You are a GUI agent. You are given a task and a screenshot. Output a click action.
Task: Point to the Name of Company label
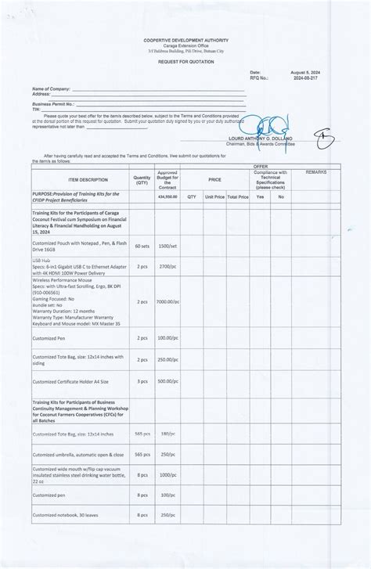pyautogui.click(x=51, y=89)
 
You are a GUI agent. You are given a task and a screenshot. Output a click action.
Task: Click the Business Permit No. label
pyautogui.click(x=53, y=103)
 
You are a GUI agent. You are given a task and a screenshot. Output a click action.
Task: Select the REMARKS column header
pyautogui.click(x=316, y=171)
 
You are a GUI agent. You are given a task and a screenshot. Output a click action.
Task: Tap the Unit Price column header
pyautogui.click(x=214, y=197)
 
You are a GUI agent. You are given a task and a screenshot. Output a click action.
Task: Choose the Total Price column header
pyautogui.click(x=238, y=197)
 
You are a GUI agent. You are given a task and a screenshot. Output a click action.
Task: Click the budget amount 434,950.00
pyautogui.click(x=167, y=197)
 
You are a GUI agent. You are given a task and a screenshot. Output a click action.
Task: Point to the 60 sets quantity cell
pyautogui.click(x=142, y=246)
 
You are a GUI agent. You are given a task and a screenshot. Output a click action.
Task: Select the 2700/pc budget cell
pyautogui.click(x=167, y=266)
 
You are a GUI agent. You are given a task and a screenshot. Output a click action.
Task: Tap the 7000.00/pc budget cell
pyautogui.click(x=167, y=301)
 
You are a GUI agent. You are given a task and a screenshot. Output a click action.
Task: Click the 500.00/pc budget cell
pyautogui.click(x=167, y=381)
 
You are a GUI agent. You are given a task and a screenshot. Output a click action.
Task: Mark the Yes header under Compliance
pyautogui.click(x=261, y=197)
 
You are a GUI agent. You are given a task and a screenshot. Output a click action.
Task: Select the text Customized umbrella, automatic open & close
pyautogui.click(x=77, y=454)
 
